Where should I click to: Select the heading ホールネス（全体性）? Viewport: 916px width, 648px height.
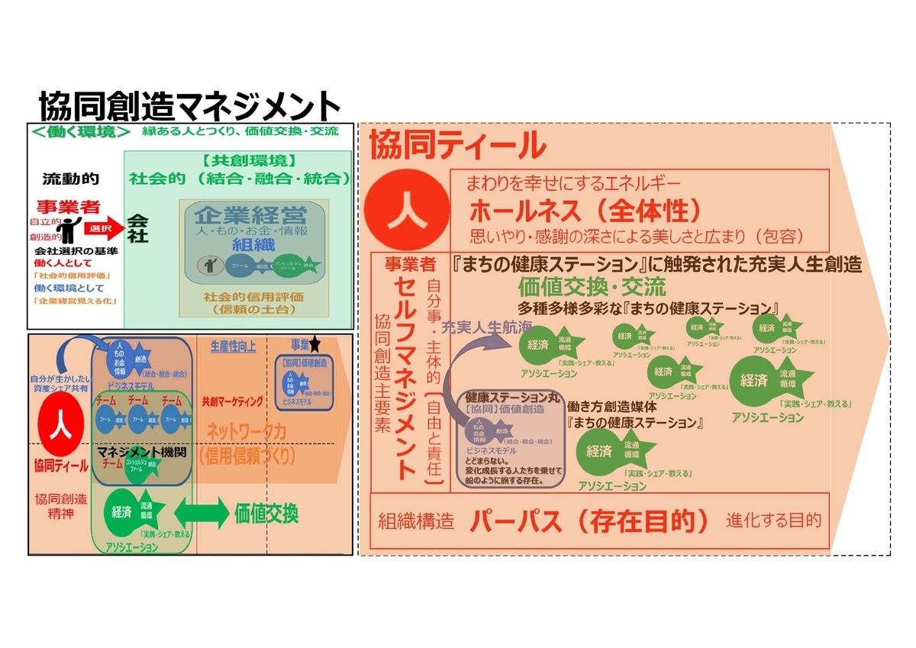pos(584,210)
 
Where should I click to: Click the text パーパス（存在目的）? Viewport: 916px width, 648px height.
pos(592,521)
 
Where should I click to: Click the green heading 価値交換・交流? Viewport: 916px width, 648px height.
pos(592,287)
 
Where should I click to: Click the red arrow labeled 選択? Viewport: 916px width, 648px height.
pos(103,227)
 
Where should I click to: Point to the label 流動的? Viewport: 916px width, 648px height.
pos(70,179)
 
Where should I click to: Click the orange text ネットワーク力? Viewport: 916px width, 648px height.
pos(247,432)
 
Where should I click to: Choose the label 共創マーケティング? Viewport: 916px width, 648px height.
pos(233,401)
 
